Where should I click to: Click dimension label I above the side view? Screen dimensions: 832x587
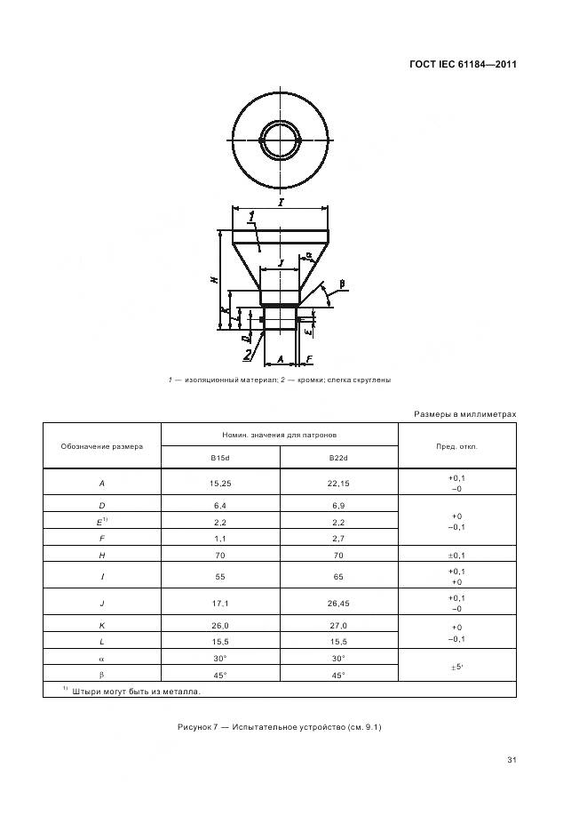click(281, 203)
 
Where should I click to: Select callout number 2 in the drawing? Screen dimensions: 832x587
click(248, 355)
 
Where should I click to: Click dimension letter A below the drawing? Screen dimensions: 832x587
click(280, 360)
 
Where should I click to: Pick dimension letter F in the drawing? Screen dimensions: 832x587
click(307, 360)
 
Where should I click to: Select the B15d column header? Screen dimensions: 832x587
click(219, 458)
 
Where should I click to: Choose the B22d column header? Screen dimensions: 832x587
click(338, 458)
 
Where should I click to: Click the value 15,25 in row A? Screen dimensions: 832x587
click(219, 483)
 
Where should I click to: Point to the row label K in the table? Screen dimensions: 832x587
click(102, 626)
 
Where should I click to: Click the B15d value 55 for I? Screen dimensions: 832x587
click(219, 576)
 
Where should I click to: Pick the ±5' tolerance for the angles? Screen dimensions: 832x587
click(456, 665)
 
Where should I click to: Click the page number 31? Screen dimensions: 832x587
click(512, 759)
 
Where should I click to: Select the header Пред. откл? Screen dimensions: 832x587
click(456, 446)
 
